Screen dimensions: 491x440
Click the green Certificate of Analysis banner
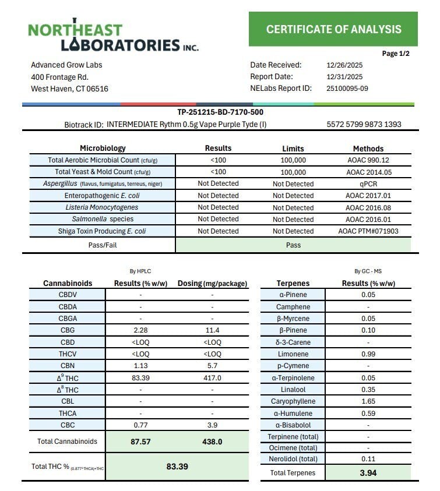(x=333, y=29)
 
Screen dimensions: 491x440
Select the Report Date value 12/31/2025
(x=344, y=76)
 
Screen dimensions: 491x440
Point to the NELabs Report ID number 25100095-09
(x=347, y=89)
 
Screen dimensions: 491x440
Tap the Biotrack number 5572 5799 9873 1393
(x=364, y=124)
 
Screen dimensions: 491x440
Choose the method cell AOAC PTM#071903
(x=368, y=231)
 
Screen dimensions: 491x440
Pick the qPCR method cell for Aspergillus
(x=368, y=183)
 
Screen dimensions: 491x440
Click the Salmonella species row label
(x=102, y=219)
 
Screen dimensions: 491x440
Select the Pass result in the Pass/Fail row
(x=293, y=245)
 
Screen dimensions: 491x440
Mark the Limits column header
(x=293, y=149)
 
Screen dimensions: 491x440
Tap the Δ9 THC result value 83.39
(x=140, y=378)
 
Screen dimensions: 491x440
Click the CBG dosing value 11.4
(x=212, y=330)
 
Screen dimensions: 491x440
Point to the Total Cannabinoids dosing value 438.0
(x=212, y=442)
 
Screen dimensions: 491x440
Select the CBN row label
(x=68, y=366)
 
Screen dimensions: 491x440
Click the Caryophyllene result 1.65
(x=368, y=402)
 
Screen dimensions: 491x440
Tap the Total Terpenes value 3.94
(x=368, y=473)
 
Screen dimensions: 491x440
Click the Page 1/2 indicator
(x=396, y=54)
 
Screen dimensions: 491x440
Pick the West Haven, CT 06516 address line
(x=69, y=89)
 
